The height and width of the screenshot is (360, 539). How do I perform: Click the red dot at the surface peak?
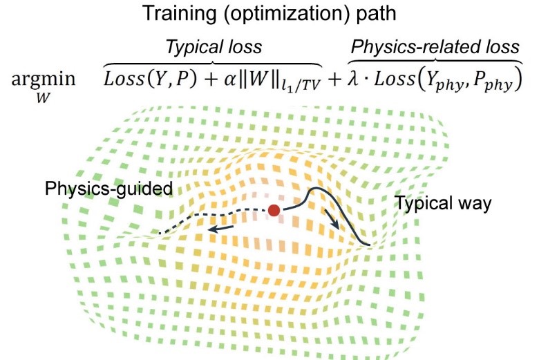pos(274,210)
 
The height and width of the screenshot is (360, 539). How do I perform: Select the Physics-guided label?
pos(108,188)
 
